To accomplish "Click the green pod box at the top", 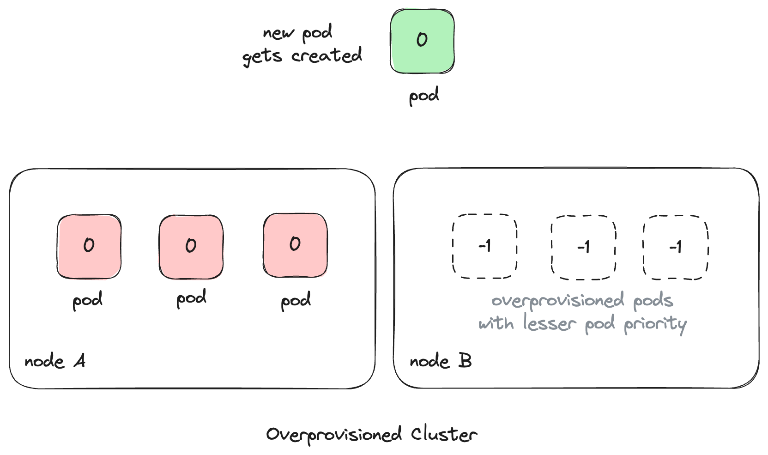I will [422, 41].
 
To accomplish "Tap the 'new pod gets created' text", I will [302, 45].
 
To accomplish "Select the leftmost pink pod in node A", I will [89, 246].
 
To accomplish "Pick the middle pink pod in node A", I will [191, 247].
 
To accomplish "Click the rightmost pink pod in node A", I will [295, 245].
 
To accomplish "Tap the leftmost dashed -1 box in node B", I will [484, 246].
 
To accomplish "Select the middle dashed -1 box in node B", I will [583, 247].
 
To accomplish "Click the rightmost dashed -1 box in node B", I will [675, 247].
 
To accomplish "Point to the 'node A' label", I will [54, 361].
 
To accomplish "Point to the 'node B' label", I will [440, 361].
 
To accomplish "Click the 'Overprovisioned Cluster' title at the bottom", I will [371, 435].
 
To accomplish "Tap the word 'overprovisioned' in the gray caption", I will [558, 301].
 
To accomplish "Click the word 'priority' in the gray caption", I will [655, 324].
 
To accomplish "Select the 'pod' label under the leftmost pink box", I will [87, 301].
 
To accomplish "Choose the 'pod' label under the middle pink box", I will [191, 298].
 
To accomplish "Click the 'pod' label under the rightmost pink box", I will [296, 301].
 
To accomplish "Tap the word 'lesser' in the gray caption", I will [550, 323].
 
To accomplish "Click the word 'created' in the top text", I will [327, 56].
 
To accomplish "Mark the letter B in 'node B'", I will [465, 360].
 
